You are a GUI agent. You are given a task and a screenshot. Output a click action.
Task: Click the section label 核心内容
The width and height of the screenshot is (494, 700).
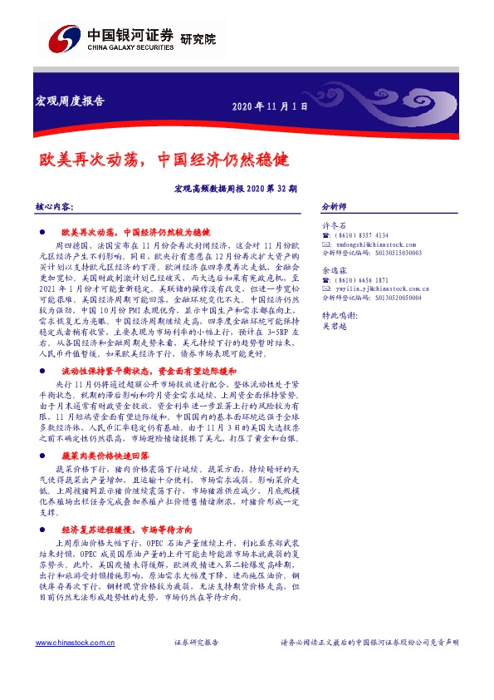click(56, 205)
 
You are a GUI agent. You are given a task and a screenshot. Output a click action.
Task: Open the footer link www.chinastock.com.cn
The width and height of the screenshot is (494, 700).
click(69, 643)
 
